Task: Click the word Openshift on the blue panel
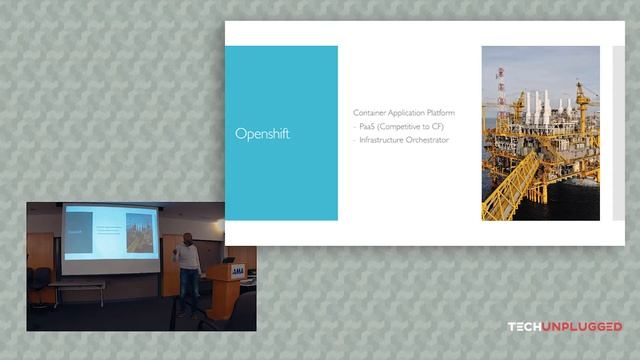[x=262, y=134]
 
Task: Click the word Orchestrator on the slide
[x=431, y=140]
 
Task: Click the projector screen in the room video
[x=111, y=238]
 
